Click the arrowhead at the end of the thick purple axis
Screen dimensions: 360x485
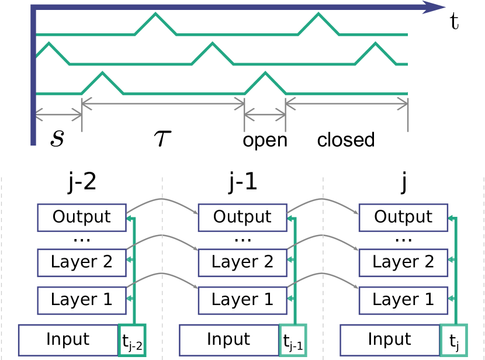(x=435, y=8)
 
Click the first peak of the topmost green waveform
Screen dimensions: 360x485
(x=156, y=14)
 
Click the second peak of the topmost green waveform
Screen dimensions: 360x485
(x=318, y=14)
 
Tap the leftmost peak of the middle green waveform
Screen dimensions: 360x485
(x=50, y=43)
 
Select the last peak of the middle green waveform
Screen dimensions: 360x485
(x=375, y=43)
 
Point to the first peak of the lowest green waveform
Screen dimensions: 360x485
(x=103, y=73)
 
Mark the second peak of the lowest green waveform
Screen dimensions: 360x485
(x=265, y=73)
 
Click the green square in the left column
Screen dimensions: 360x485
(x=132, y=340)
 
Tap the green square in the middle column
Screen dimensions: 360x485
(x=293, y=340)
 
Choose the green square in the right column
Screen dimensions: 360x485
(x=453, y=340)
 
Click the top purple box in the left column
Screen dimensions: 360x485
(x=82, y=218)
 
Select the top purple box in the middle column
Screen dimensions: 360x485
(x=243, y=218)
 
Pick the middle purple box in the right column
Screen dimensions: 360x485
(x=403, y=263)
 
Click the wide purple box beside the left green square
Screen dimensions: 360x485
(x=68, y=340)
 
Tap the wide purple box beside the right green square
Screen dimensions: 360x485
(x=389, y=340)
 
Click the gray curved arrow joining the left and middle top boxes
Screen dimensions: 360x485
(x=162, y=200)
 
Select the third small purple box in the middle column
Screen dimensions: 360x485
(x=243, y=300)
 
